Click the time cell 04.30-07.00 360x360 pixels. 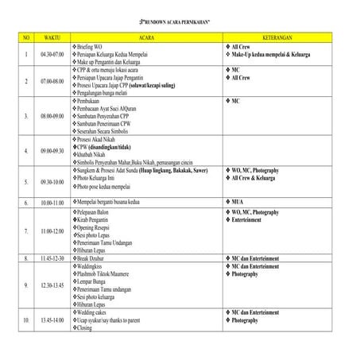click(52, 54)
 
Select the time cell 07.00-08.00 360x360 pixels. click(52, 81)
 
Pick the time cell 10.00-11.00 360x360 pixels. click(52, 203)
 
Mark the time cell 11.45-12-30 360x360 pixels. click(52, 258)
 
